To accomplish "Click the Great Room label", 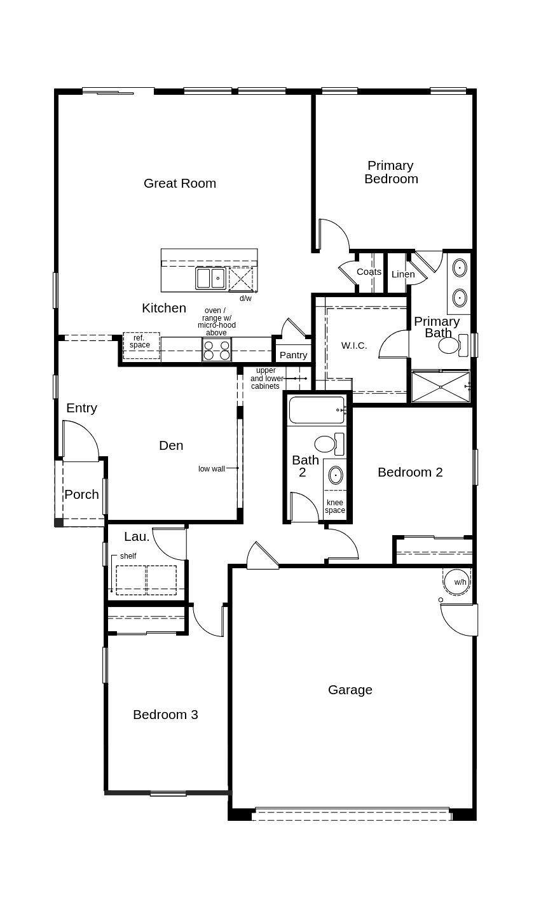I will [180, 183].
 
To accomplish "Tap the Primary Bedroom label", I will [391, 172].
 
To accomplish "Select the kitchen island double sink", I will [210, 278].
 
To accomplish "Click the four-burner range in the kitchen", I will [216, 351].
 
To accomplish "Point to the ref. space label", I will [140, 342].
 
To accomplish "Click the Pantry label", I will [293, 355].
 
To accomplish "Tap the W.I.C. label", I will [354, 346].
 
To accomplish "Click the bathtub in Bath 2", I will [316, 410].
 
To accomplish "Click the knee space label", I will [335, 506].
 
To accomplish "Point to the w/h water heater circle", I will [458, 582].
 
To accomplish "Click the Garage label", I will [350, 690].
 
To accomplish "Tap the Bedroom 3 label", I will [165, 715].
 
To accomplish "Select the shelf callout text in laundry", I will [128, 556].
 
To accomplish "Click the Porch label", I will [81, 494].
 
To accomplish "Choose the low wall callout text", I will [211, 469].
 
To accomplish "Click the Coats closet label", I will [369, 272].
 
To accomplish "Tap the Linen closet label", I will [403, 274].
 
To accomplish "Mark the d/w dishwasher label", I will [245, 298].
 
